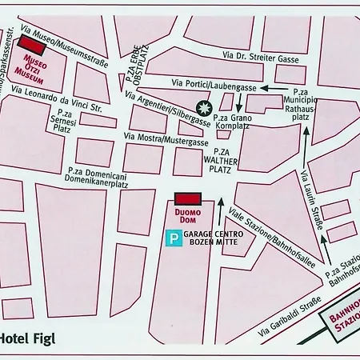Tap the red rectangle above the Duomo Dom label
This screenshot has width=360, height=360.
coord(186,198)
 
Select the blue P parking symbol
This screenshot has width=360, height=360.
coord(173,237)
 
